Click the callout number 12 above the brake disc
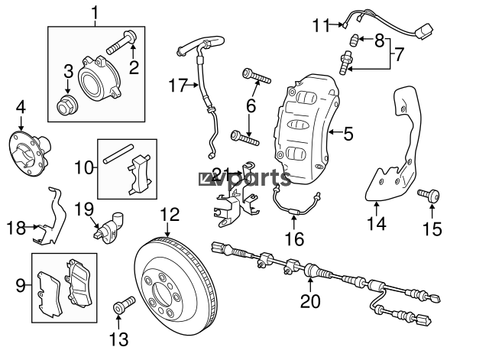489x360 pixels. coord(170,215)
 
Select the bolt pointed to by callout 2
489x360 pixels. coord(122,43)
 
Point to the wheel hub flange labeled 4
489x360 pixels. coord(30,153)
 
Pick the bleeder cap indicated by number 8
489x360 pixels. coord(354,40)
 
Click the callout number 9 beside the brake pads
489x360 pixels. coord(21,285)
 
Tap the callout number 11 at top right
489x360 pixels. coord(321,25)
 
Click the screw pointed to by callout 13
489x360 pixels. coord(124,304)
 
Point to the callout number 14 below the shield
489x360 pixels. coord(377,223)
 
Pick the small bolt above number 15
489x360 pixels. coord(429,195)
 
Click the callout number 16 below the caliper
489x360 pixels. coord(295,239)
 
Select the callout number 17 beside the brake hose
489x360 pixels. coord(178,85)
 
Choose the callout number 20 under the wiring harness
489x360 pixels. coord(310,301)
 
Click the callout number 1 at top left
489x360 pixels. coord(95,13)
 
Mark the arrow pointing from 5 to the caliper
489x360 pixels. coord(335,132)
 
